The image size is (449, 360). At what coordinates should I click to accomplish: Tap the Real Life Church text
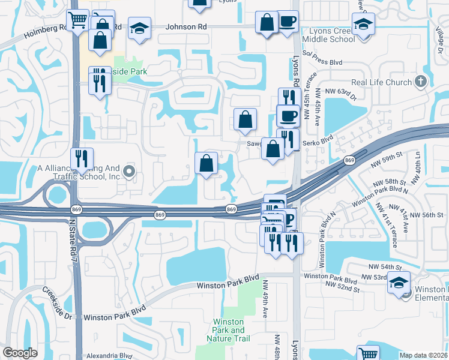click(x=381, y=83)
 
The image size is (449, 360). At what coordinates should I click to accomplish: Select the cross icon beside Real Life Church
click(x=420, y=82)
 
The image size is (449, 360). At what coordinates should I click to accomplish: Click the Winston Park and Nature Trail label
click(x=229, y=331)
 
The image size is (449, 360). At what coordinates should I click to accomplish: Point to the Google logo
click(x=20, y=352)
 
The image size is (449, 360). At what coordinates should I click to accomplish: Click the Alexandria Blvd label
click(x=109, y=355)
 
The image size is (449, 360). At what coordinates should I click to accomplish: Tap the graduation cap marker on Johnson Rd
click(x=140, y=29)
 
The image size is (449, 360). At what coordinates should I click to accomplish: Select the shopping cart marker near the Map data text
click(x=368, y=354)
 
